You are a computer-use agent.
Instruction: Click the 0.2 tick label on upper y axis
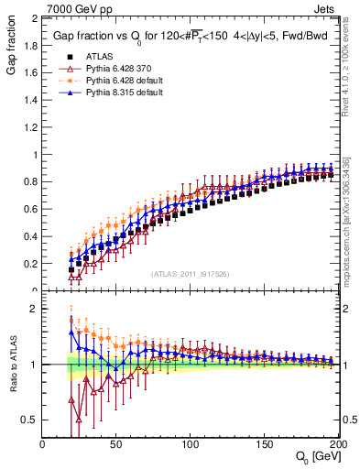[x=31, y=264]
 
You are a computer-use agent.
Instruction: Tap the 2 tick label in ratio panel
[x=35, y=309]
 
